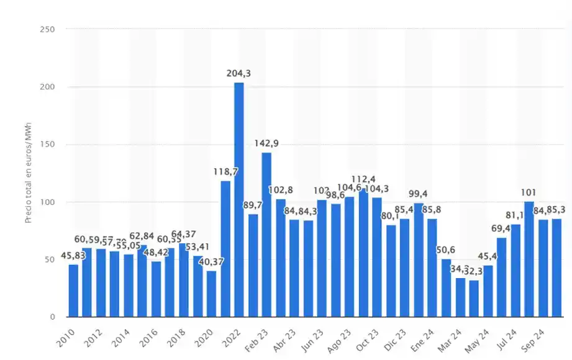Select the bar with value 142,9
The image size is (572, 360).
click(x=266, y=234)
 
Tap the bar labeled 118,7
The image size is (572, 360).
click(x=225, y=248)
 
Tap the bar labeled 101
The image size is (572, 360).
click(x=529, y=259)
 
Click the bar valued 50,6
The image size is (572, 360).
click(x=447, y=287)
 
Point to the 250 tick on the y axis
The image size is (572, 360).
click(x=47, y=29)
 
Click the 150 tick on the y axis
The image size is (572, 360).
click(x=47, y=145)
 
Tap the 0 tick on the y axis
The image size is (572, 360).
click(x=52, y=317)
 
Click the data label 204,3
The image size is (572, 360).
click(x=239, y=74)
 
